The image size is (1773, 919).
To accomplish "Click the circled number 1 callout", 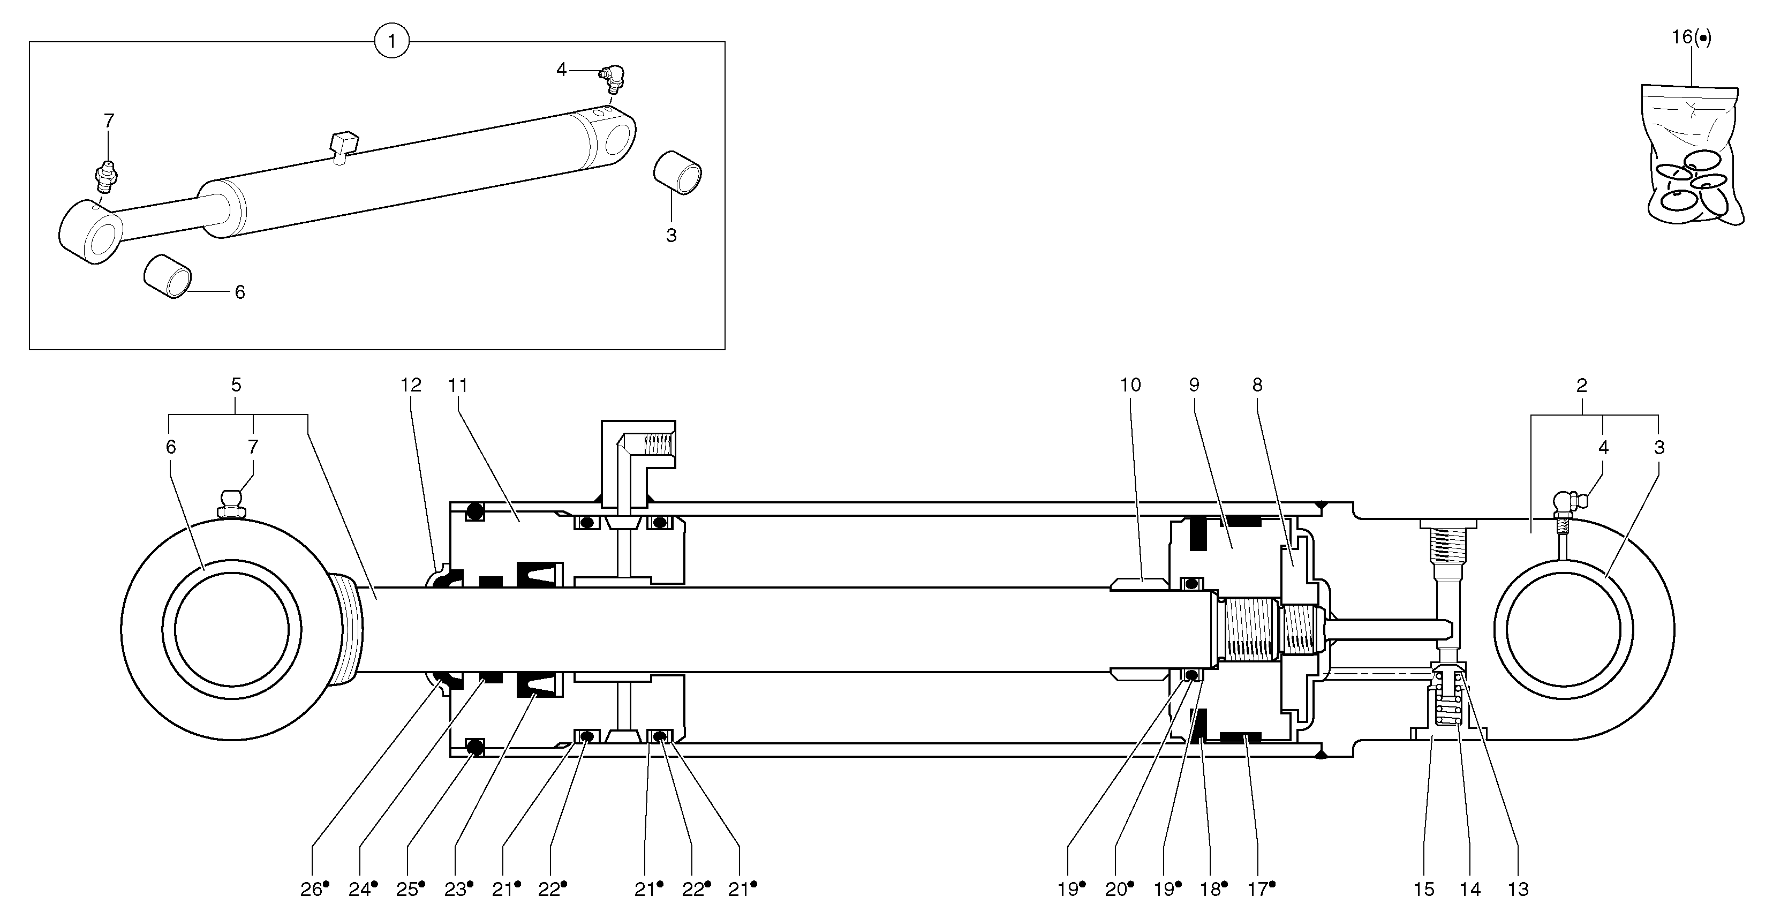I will (391, 41).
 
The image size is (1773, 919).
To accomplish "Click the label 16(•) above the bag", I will (1691, 37).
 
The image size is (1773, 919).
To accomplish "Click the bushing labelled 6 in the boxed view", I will (167, 276).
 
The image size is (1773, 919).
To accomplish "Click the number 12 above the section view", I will (411, 385).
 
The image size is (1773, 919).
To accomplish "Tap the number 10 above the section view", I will (1130, 385).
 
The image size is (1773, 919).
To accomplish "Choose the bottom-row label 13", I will (1518, 890).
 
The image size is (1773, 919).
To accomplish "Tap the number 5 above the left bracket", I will (236, 385).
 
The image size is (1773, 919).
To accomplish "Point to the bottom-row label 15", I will (1424, 890).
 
